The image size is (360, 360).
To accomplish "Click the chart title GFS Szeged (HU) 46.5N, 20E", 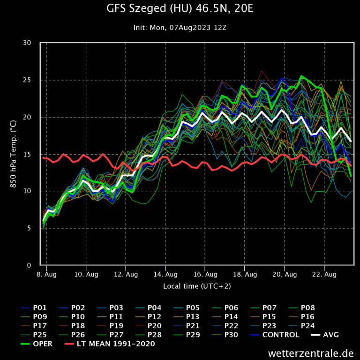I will point(180,9).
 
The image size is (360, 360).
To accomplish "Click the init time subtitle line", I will point(180,28).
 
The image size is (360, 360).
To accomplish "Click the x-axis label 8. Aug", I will point(46,274).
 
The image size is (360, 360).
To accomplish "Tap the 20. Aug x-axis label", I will point(285,274).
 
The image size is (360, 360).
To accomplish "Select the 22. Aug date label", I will point(324,274).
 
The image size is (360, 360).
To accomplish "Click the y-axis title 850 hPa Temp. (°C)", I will point(13,154).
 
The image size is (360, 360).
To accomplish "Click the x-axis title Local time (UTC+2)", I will point(197,286).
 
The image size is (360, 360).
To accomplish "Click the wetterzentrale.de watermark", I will point(311,353).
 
